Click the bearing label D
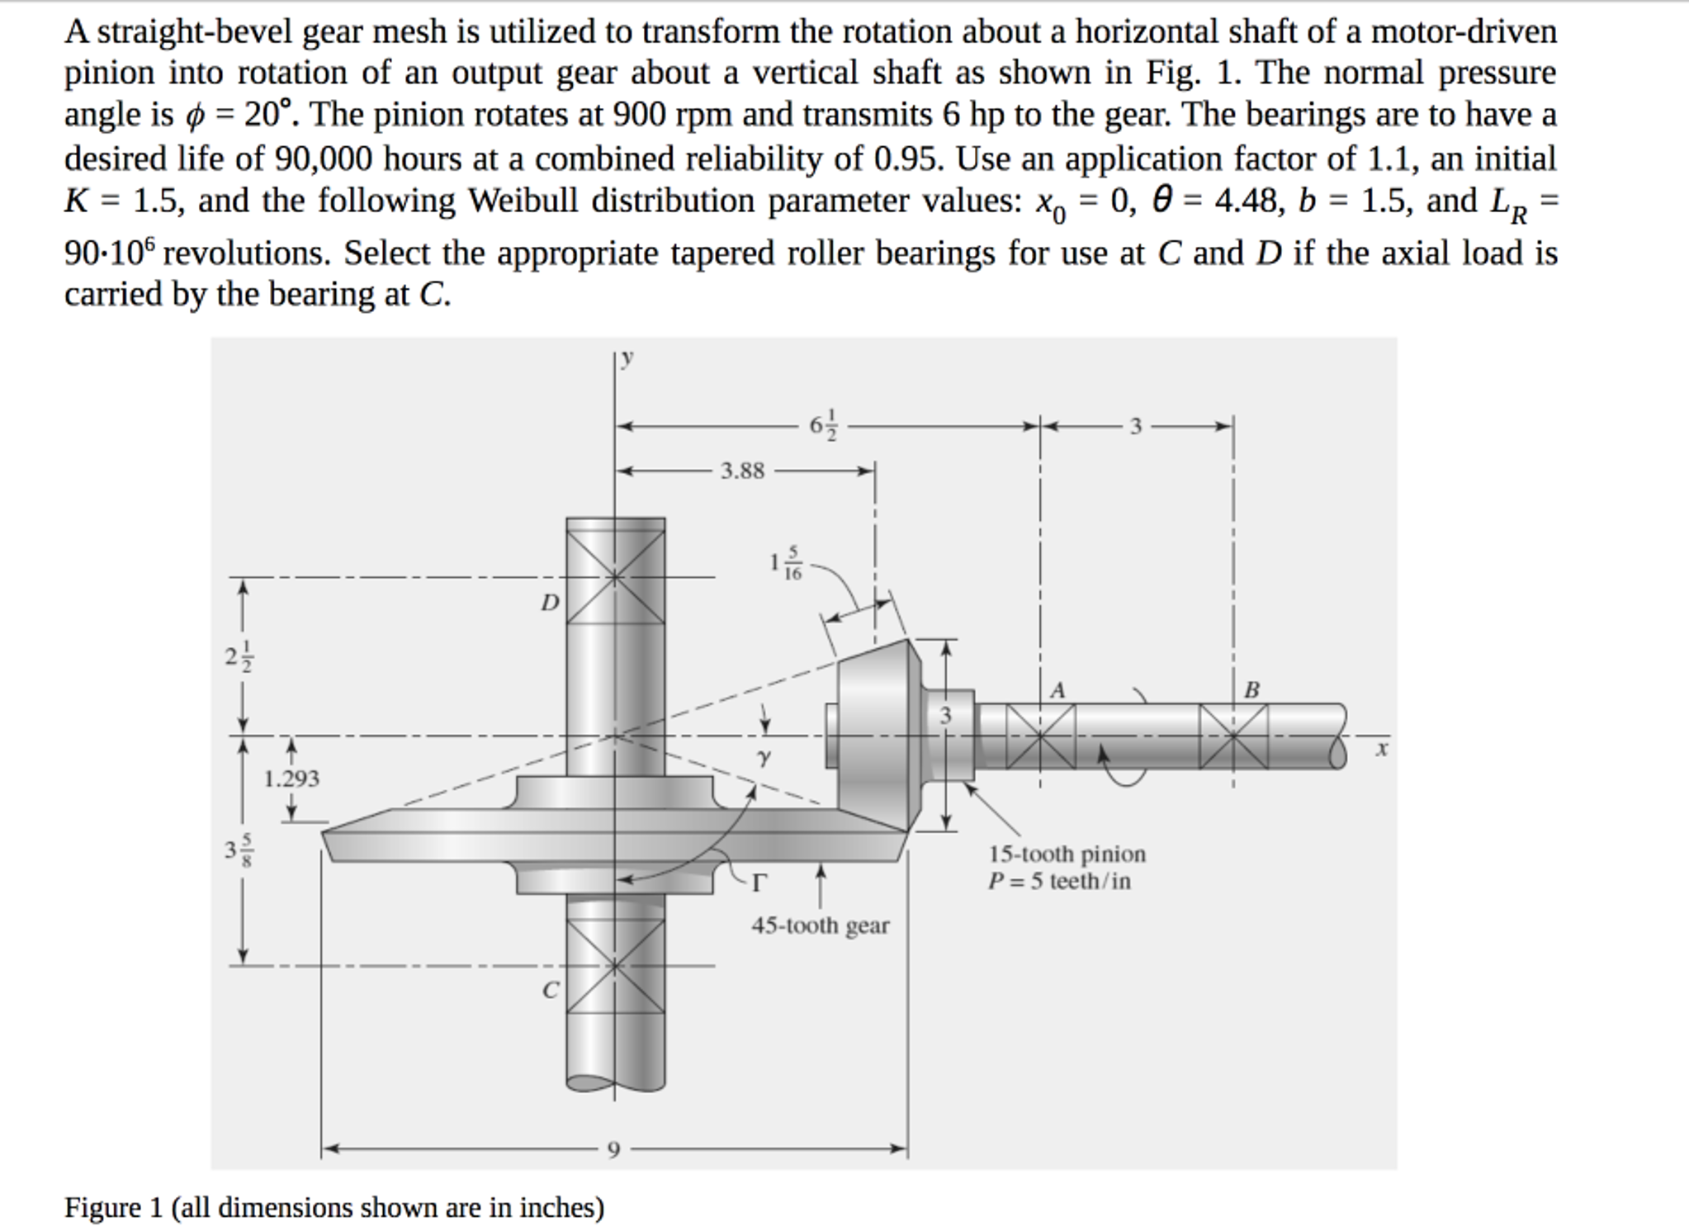(550, 603)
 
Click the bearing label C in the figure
(551, 989)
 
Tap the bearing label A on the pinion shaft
(1057, 690)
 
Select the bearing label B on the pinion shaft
(1252, 690)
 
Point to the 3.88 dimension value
(743, 471)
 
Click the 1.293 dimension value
(291, 779)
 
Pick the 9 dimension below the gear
(613, 1149)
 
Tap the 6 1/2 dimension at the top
(823, 426)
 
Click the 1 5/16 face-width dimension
(785, 563)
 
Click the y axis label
(628, 357)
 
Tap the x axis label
(1382, 749)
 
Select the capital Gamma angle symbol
(758, 883)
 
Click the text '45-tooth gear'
(821, 925)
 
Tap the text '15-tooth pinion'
(1067, 854)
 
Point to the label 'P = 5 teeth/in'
(1060, 881)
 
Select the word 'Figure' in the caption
(103, 1208)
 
